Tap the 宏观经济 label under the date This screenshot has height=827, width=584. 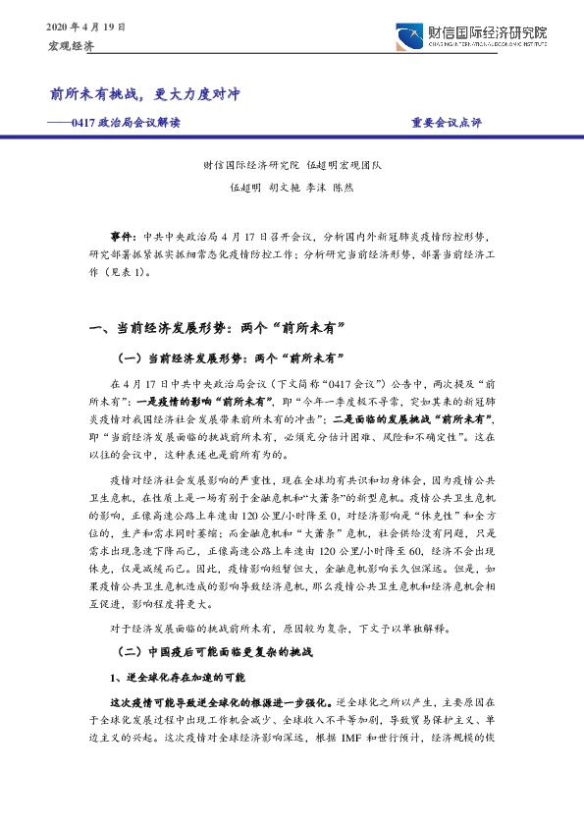coord(71,46)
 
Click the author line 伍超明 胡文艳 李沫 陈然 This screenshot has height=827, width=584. coord(291,186)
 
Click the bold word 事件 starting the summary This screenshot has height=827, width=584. coord(124,238)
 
